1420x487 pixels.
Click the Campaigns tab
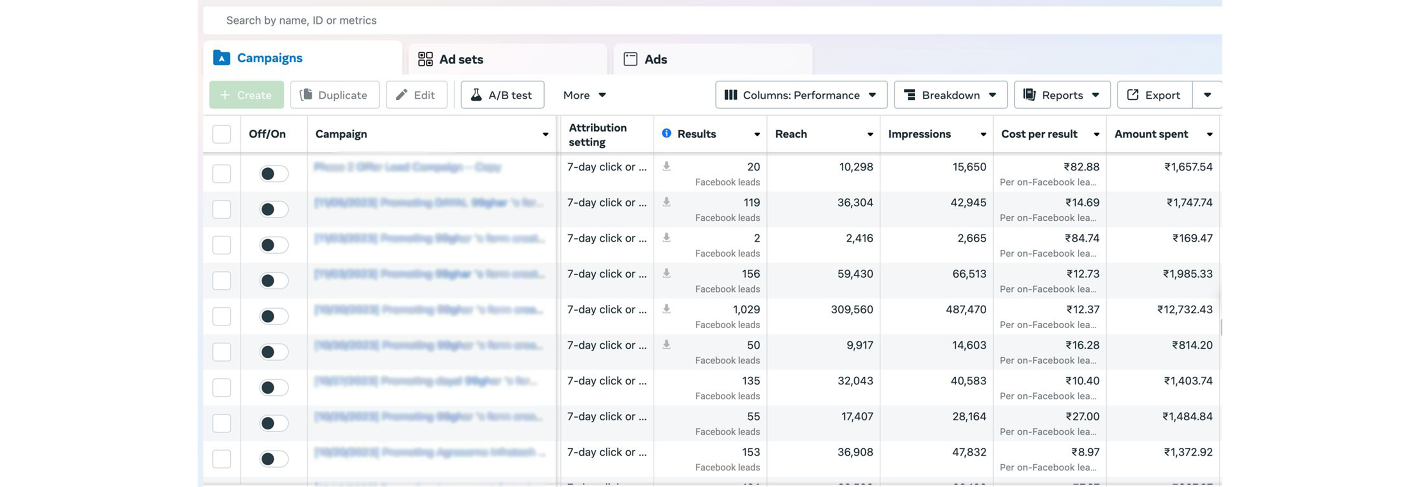[x=269, y=58]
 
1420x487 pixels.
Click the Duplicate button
[x=335, y=95]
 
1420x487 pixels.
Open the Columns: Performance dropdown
[x=800, y=95]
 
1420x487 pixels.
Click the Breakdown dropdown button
[x=950, y=95]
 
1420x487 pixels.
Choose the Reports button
[x=1062, y=95]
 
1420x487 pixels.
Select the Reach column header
[x=791, y=134]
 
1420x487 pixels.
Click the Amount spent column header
[x=1151, y=134]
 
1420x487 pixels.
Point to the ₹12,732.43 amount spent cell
[x=1185, y=309]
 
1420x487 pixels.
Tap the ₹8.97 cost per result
[x=1085, y=452]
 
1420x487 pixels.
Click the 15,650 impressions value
[x=969, y=166]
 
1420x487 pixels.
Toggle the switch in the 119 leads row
[x=273, y=209]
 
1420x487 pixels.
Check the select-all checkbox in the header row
[x=222, y=134]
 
